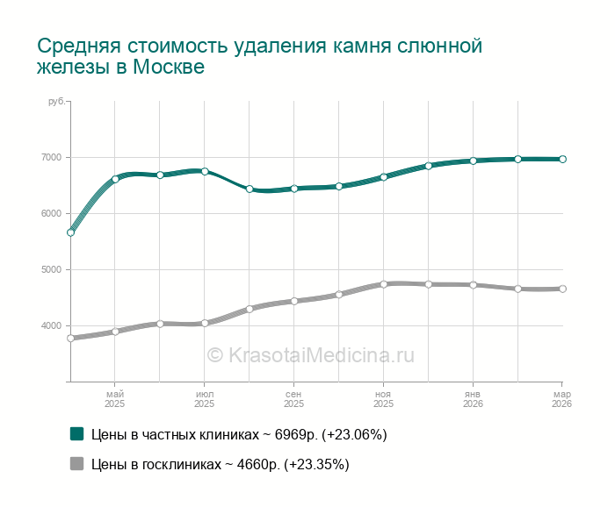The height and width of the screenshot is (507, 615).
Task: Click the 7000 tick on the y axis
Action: [x=50, y=157]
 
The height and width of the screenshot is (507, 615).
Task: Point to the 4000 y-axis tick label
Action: [x=50, y=325]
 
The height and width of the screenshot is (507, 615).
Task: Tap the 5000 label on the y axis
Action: [x=50, y=269]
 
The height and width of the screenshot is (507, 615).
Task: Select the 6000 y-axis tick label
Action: [x=50, y=213]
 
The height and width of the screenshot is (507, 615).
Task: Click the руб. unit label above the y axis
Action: [x=56, y=102]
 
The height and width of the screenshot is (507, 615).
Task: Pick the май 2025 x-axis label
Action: [x=115, y=399]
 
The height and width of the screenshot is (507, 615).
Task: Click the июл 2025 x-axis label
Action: [x=204, y=399]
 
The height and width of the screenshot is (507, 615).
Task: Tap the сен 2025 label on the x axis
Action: [x=293, y=399]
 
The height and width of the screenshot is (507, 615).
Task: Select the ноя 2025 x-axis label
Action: [x=383, y=399]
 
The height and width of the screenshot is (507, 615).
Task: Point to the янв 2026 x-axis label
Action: [x=473, y=399]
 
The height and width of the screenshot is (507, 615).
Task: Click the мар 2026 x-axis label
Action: [x=561, y=399]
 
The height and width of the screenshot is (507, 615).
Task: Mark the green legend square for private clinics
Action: [x=76, y=433]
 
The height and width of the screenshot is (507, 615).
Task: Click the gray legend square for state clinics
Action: [x=76, y=464]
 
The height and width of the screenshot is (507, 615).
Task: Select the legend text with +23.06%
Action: [x=239, y=434]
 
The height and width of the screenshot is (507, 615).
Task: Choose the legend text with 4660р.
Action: [x=220, y=465]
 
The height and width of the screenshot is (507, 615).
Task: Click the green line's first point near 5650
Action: [x=70, y=232]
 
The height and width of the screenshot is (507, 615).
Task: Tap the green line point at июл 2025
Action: [x=205, y=171]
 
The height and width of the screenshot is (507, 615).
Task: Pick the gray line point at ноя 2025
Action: [x=384, y=284]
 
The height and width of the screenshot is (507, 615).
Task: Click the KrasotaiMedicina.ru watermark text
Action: [x=310, y=355]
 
